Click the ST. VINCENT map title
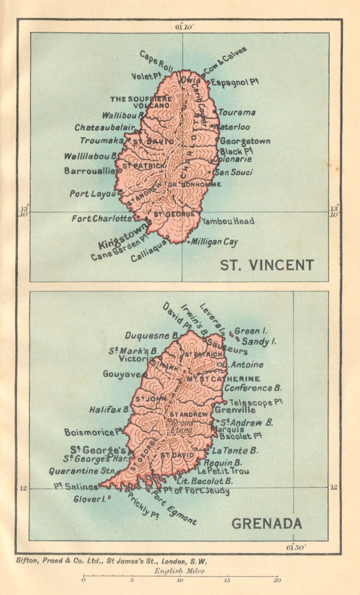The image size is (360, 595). (266, 265)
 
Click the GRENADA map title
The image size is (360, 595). (266, 524)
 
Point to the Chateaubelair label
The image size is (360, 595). (105, 128)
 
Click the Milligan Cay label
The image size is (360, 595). (215, 242)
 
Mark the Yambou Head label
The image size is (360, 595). (228, 221)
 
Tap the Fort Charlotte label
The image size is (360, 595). (102, 219)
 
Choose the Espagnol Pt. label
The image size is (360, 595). (234, 82)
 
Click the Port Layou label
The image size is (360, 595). (91, 193)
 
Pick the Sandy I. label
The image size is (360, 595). (259, 341)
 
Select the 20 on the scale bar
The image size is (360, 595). (277, 581)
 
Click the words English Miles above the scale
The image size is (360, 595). (179, 571)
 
